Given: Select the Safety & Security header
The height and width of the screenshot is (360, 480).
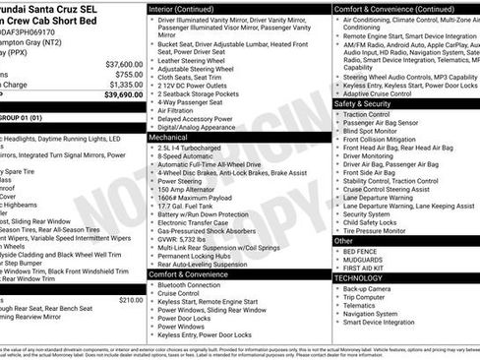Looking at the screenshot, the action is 363,103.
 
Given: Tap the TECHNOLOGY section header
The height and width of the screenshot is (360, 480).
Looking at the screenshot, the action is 358,277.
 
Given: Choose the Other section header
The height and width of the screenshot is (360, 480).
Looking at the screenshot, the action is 343,240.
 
